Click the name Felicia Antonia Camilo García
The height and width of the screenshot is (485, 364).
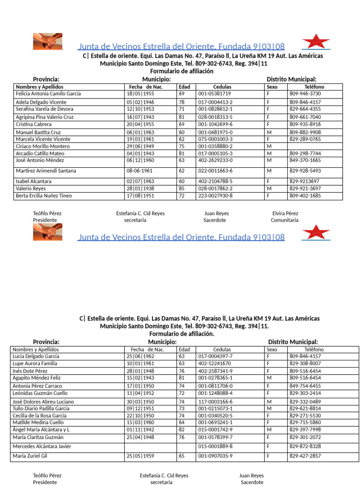48,94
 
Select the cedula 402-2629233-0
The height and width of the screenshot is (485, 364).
215,161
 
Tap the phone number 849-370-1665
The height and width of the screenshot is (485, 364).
305,161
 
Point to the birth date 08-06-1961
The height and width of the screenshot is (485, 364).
139,171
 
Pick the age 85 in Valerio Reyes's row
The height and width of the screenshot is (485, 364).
182,189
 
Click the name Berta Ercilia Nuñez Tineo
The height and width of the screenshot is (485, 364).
44,196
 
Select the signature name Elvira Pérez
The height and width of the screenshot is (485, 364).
285,214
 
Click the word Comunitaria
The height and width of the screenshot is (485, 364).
284,220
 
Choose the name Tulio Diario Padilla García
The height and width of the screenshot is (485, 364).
41,408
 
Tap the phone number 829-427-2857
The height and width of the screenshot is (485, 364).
305,456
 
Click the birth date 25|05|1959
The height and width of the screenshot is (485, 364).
140,456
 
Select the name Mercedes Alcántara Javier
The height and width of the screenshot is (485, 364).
42,446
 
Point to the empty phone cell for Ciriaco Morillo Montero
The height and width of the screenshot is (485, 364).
314,147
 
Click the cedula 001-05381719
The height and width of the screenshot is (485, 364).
214,94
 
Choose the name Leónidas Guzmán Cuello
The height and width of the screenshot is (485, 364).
40,394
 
